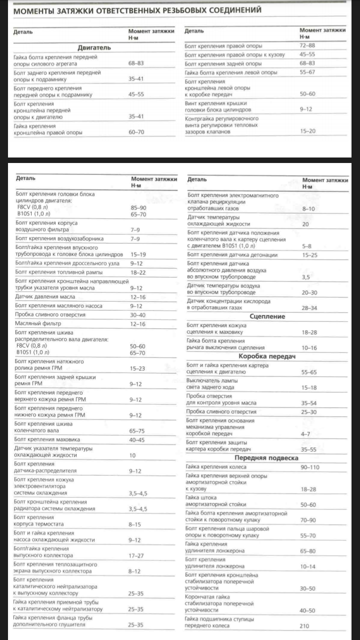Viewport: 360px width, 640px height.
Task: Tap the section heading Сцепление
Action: click(267, 316)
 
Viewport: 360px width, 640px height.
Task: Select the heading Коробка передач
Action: click(267, 356)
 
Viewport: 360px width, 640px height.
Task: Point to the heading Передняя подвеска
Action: click(267, 457)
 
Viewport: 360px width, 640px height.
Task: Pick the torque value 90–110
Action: click(310, 467)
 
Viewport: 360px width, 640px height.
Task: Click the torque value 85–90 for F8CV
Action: click(137, 206)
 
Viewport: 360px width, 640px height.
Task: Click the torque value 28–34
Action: click(309, 307)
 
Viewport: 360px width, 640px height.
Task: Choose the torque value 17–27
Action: click(136, 555)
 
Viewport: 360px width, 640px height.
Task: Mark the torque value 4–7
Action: click(305, 433)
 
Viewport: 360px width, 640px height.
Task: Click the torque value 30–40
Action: click(137, 315)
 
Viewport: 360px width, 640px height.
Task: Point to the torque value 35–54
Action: click(309, 402)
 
